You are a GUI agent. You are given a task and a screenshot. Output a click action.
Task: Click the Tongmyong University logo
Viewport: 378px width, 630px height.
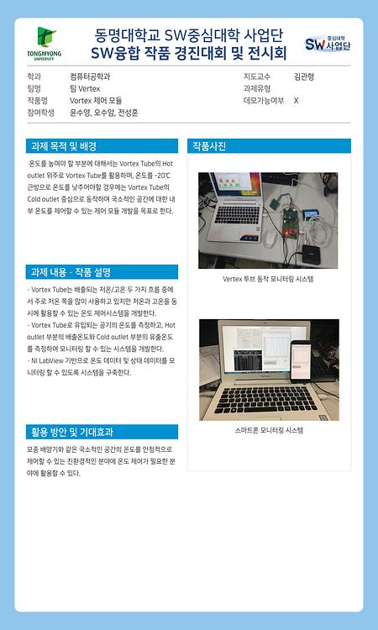pos(45,44)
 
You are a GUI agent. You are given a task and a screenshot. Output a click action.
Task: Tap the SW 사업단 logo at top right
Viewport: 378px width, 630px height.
pos(328,43)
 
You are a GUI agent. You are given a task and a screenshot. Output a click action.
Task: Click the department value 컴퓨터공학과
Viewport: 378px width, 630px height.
pos(90,76)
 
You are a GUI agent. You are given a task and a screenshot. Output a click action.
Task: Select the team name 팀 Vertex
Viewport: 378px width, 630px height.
pos(84,87)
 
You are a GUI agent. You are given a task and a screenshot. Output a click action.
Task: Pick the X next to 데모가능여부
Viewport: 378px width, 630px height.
pos(296,100)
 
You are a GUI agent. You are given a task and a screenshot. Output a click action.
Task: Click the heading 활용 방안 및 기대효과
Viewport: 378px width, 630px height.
pos(72,433)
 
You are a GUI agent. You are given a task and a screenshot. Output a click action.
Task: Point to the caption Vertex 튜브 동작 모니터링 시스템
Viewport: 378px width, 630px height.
pos(268,278)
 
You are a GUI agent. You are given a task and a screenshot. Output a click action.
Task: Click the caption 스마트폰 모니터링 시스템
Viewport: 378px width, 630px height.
pos(268,430)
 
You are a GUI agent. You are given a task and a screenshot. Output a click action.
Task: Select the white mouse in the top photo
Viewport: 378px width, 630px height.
pos(270,239)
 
